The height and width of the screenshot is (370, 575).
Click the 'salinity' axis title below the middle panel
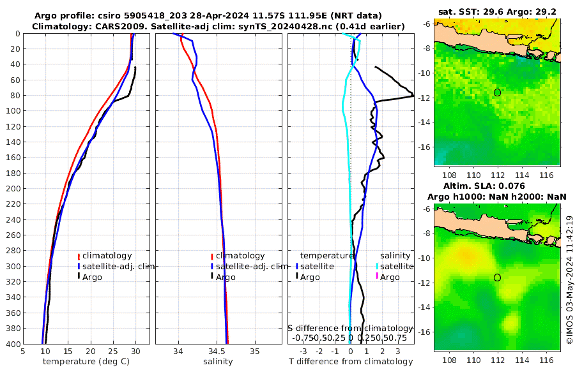(x=217, y=362)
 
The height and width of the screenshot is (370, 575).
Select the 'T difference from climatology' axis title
(x=350, y=362)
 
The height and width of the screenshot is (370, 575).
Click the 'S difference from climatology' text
(x=350, y=328)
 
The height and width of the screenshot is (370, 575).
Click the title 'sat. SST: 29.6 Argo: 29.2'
(x=498, y=12)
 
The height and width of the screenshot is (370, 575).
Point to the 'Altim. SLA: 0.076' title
(x=498, y=186)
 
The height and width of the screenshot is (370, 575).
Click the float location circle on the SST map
(x=498, y=93)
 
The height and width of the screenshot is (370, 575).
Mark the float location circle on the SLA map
(x=498, y=277)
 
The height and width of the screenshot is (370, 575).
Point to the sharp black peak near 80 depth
(x=412, y=96)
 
